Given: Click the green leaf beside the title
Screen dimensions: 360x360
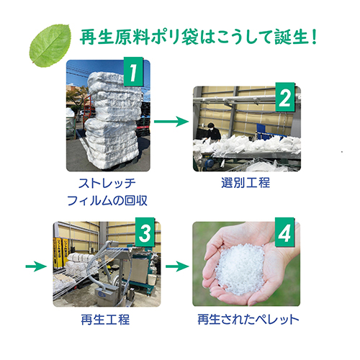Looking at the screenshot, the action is pyautogui.click(x=50, y=45).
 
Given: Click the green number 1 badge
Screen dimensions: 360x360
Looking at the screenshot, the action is pyautogui.click(x=133, y=72).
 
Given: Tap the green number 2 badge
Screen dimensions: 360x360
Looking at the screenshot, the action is pyautogui.click(x=285, y=97).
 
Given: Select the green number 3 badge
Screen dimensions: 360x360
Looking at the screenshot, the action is pyautogui.click(x=145, y=232).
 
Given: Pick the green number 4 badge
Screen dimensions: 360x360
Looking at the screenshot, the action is pyautogui.click(x=284, y=232).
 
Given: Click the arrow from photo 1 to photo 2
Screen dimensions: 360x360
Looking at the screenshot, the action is pyautogui.click(x=171, y=121).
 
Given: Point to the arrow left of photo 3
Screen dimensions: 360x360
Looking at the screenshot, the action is pyautogui.click(x=36, y=266).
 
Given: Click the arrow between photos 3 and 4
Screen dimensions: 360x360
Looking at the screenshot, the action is pyautogui.click(x=177, y=266).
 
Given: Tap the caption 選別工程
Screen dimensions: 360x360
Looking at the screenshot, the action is pyautogui.click(x=246, y=183).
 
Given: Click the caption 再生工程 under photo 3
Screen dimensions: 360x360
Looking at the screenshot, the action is pyautogui.click(x=105, y=320).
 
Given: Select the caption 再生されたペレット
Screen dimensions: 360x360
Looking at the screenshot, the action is pyautogui.click(x=248, y=320).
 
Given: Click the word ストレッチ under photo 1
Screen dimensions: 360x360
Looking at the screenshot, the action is pyautogui.click(x=107, y=184).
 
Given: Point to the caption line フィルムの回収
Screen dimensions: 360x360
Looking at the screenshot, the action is pyautogui.click(x=107, y=200).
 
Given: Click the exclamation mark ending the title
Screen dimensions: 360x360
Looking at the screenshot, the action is pyautogui.click(x=314, y=37).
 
